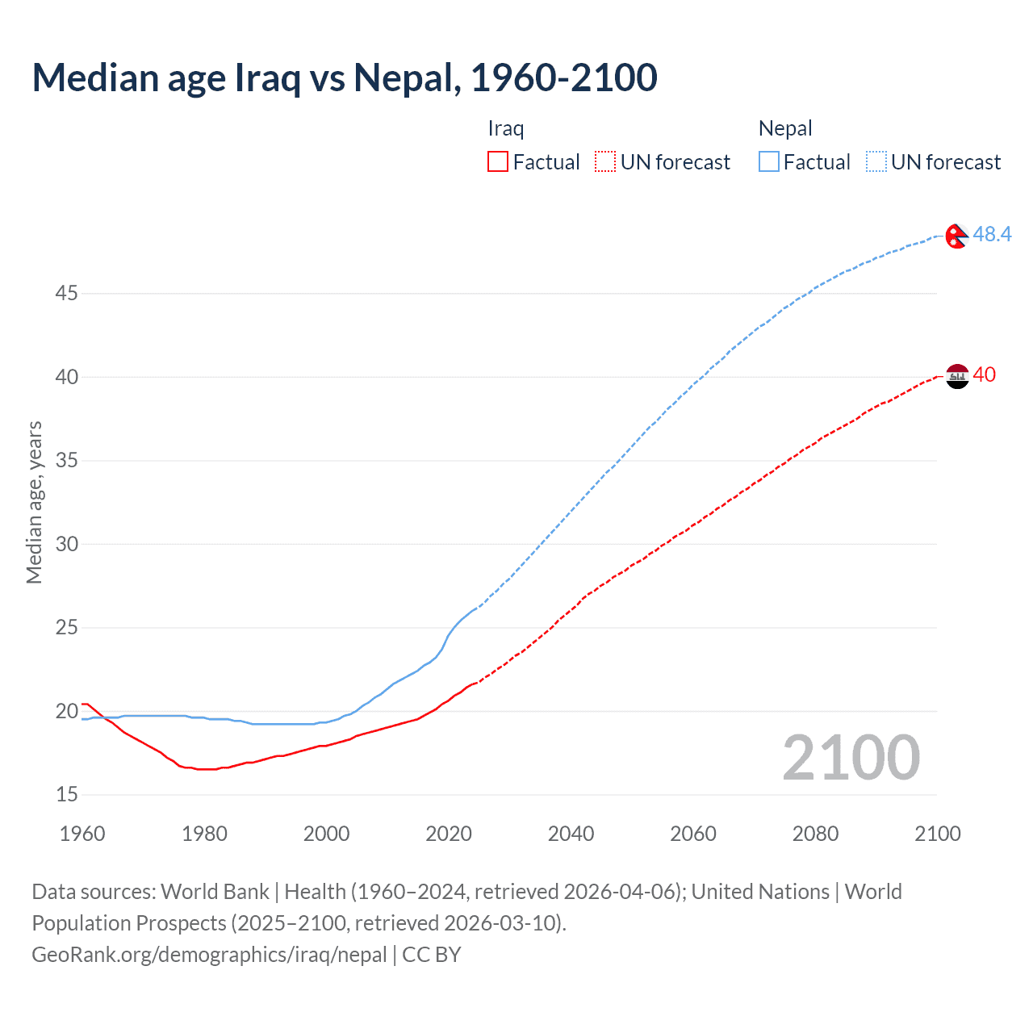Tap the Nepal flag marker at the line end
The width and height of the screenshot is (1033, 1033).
[x=956, y=235]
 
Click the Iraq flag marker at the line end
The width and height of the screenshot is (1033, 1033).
[x=957, y=376]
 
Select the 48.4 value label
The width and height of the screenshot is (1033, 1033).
[x=992, y=234]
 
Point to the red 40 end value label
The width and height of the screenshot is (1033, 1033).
[x=985, y=374]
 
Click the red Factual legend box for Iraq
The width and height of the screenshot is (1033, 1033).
[x=498, y=162]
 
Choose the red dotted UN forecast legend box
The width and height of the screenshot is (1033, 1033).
[x=605, y=162]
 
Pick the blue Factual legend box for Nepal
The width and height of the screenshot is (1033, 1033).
[x=769, y=162]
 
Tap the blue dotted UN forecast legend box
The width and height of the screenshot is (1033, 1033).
[x=876, y=162]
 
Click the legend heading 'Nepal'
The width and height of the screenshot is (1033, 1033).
[x=785, y=128]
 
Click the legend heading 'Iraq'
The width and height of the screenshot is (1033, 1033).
[x=506, y=128]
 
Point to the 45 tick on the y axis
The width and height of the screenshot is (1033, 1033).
[x=66, y=293]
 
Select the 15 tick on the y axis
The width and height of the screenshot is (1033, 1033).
[x=66, y=795]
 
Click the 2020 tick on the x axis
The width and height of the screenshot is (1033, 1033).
[x=449, y=834]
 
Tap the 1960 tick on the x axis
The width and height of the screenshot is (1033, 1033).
[x=82, y=834]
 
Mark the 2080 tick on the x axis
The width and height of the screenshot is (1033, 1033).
[x=815, y=834]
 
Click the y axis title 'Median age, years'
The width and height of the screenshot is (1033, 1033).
[x=34, y=502]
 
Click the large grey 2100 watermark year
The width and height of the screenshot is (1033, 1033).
[x=851, y=757]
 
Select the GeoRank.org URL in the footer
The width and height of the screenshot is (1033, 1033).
[x=209, y=955]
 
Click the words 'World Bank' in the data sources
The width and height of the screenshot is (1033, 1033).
[x=215, y=892]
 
